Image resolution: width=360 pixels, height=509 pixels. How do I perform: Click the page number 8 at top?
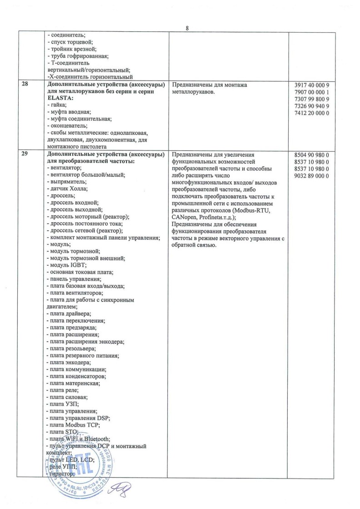187,28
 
